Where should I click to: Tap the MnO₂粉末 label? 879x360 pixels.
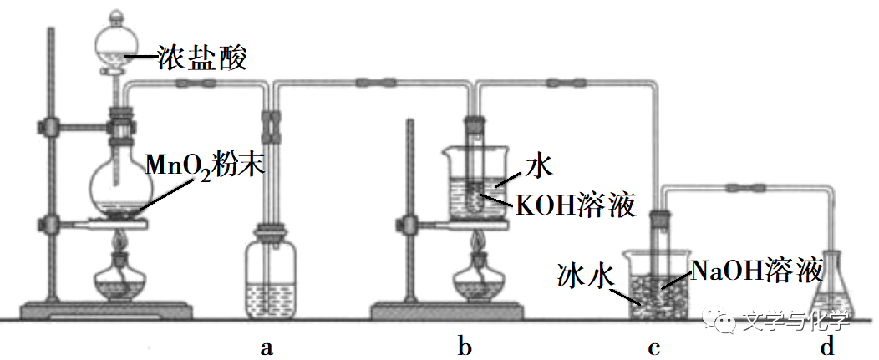[205, 164]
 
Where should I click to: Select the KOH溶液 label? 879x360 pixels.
[576, 205]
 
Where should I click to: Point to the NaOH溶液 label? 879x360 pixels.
[757, 270]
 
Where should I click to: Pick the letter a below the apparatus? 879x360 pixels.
[267, 347]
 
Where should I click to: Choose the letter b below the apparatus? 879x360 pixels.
[465, 347]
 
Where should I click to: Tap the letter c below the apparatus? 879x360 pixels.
[654, 347]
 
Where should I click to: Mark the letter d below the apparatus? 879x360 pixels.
[827, 347]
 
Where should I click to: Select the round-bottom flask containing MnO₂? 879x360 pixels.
[118, 185]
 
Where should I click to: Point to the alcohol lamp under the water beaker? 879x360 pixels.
[480, 279]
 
